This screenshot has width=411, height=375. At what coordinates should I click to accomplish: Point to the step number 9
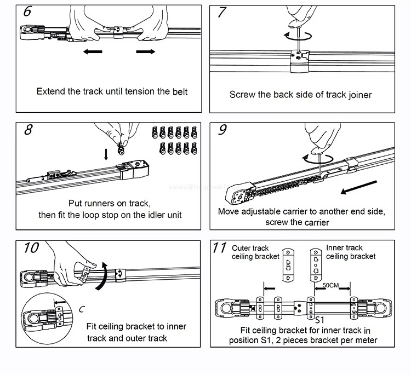(222, 130)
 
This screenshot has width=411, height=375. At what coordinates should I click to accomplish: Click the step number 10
(31, 248)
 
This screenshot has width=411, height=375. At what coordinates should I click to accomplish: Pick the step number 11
(220, 248)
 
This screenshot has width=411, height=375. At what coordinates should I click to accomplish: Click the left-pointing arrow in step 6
(93, 51)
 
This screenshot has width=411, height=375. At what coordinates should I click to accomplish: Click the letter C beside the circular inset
(81, 309)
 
